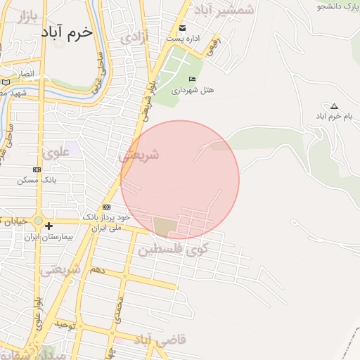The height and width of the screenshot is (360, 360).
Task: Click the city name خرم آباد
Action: pyautogui.click(x=67, y=32)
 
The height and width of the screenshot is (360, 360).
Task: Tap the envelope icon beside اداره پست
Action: pyautogui.click(x=183, y=28)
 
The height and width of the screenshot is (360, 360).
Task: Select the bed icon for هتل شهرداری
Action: pyautogui.click(x=193, y=78)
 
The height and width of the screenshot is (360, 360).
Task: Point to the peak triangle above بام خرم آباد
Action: pyautogui.click(x=334, y=106)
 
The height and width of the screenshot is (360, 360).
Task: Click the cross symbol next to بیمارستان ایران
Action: pyautogui.click(x=49, y=226)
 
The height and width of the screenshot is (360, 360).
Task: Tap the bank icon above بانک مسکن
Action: pyautogui.click(x=37, y=169)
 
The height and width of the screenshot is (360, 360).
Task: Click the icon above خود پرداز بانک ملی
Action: pyautogui.click(x=106, y=207)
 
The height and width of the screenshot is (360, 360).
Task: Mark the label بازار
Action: pyautogui.click(x=26, y=14)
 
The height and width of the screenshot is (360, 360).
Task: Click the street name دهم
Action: pyautogui.click(x=97, y=269)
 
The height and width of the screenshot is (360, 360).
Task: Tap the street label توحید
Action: pyautogui.click(x=65, y=326)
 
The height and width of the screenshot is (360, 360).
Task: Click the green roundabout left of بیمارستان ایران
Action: pyautogui.click(x=38, y=221)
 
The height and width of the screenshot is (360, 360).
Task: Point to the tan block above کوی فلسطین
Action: pyautogui.click(x=165, y=227)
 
